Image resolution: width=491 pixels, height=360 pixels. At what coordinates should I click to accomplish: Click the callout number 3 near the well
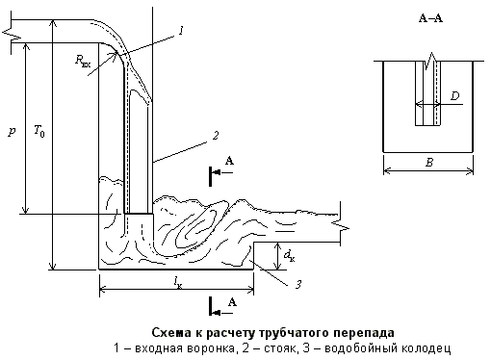point(299,283)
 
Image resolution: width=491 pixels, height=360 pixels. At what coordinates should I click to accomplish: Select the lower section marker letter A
point(230,302)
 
